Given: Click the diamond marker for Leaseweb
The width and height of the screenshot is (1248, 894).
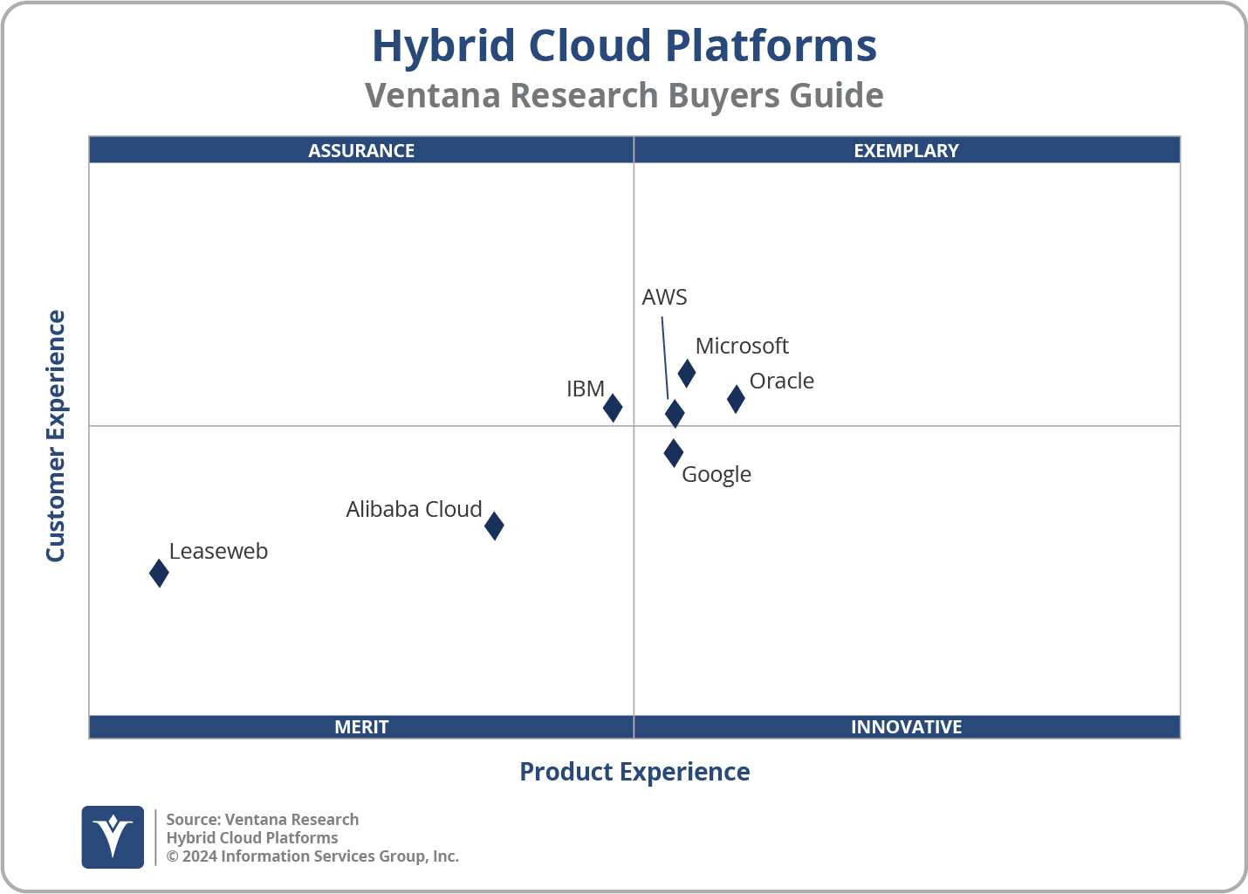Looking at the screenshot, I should point(159,574).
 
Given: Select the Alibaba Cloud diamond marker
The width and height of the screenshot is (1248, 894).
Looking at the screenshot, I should point(494,526).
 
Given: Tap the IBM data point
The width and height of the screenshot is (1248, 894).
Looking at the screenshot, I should point(613,407).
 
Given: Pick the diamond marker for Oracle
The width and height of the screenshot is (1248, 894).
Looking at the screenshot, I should point(736,399).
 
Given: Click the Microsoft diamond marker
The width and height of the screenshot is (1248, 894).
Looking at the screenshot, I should point(687,374).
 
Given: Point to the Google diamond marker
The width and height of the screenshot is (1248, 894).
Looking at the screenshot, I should point(673,453).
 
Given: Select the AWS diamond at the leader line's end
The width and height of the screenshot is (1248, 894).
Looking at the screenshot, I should point(675,414).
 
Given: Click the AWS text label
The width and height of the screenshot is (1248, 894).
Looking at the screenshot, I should point(664,298).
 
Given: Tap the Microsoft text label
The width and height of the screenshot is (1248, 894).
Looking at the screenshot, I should point(742,347).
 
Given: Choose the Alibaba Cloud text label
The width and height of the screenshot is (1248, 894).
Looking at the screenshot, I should point(414,510).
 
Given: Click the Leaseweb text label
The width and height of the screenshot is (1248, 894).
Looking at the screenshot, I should point(218,552).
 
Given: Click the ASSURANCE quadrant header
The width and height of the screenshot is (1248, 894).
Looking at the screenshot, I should point(361,150).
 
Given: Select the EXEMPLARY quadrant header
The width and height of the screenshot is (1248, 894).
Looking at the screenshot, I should point(906,150).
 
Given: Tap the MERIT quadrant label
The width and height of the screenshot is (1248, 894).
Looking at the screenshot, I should point(361,727).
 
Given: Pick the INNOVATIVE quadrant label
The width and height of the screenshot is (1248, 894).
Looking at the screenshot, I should point(906,727).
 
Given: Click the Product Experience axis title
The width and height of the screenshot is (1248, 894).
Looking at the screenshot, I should point(634,772).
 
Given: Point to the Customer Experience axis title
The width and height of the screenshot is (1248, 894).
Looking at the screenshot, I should point(56,437).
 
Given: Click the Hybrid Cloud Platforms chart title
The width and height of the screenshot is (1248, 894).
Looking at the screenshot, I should point(624,46).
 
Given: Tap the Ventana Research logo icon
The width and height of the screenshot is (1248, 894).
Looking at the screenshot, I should point(113,837).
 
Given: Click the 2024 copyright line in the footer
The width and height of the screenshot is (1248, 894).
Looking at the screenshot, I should point(312,856).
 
